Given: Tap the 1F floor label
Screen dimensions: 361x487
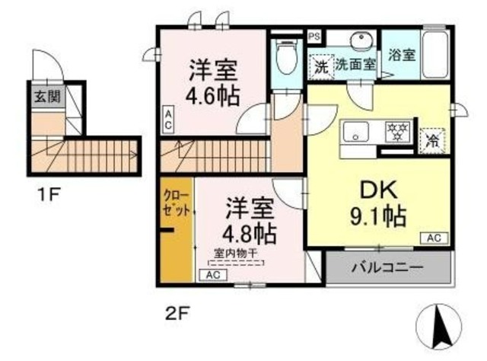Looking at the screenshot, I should (x=49, y=194).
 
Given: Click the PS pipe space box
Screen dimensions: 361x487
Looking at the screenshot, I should (x=314, y=36).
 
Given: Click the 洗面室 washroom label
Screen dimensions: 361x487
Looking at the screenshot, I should (x=356, y=65).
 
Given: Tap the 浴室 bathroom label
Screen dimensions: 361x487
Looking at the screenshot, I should (x=401, y=56).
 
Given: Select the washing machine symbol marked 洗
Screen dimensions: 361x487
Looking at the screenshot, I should (x=321, y=66).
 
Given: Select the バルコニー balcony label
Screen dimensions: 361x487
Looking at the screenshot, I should (x=387, y=267).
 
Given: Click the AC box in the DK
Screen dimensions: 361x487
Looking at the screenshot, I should (x=433, y=238).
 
